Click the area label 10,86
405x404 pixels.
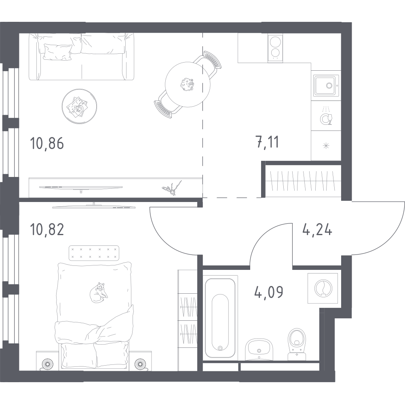pos(47,143)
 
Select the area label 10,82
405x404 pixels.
pos(47,229)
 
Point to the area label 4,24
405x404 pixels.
pos(317,229)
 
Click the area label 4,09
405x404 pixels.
pos(268,292)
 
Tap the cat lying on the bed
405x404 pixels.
pos(99,293)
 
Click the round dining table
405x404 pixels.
pos(188,84)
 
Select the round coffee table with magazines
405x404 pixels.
pos(80,106)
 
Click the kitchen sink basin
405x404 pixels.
pos(326,86)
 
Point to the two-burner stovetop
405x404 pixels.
pos(275,48)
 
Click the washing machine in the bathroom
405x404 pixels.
pos(323,288)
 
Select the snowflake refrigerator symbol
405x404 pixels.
pos(326,146)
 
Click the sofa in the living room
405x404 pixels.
pos(81,57)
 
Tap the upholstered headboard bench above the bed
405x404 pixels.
pos(94,253)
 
